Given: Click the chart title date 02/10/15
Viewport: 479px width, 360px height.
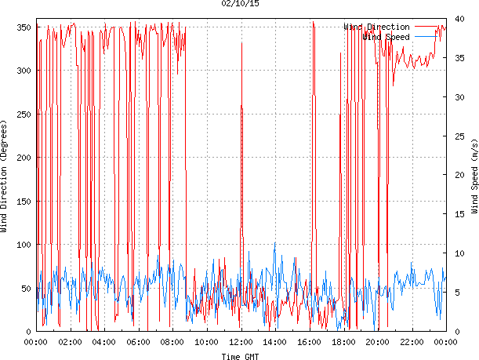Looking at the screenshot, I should click(x=240, y=5).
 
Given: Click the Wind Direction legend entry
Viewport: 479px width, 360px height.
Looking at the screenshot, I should click(x=377, y=27).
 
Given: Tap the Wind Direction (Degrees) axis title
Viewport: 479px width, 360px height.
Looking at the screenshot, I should click(x=5, y=176).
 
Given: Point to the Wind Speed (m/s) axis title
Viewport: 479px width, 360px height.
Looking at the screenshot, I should click(x=474, y=176).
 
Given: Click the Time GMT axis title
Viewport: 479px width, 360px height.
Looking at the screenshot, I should click(x=240, y=356).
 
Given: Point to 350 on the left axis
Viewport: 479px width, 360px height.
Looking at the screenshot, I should click(x=24, y=27).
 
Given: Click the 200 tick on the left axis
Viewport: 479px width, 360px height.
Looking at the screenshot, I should click(x=24, y=158).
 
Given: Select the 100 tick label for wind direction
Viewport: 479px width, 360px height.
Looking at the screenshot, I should click(x=24, y=245).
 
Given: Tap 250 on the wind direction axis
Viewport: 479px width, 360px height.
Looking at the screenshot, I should click(x=24, y=115).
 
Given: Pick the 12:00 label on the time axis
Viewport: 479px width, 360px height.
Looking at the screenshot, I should click(x=241, y=342).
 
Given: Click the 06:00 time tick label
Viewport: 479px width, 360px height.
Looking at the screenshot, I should click(x=138, y=342).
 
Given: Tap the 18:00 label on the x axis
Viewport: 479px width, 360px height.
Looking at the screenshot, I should click(x=343, y=342).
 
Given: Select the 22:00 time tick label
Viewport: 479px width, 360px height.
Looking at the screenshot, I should click(x=412, y=342).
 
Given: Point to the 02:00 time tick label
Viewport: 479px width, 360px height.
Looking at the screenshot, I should click(x=70, y=342).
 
